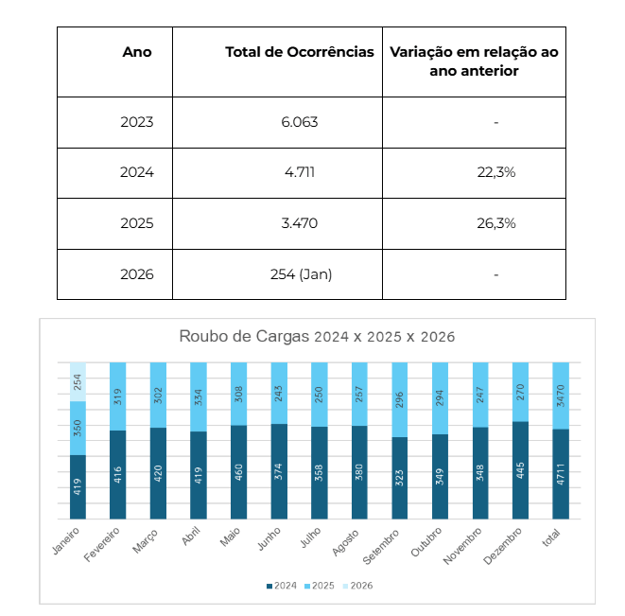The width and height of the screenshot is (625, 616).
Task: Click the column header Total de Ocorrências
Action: click(299, 52)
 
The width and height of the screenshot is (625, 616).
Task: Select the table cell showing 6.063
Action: click(299, 122)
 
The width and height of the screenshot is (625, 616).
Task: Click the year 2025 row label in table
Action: click(137, 223)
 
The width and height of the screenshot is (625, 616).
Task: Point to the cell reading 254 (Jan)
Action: click(301, 274)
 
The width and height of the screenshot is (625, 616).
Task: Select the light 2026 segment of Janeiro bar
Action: click(78, 382)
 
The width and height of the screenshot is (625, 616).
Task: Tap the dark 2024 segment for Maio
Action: click(239, 471)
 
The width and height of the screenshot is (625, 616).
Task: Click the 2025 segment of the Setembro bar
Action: click(400, 399)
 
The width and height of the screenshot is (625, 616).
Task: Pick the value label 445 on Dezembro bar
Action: click(521, 472)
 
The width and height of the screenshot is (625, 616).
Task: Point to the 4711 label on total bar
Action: click(561, 476)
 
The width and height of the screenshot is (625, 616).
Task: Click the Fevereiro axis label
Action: click(100, 546)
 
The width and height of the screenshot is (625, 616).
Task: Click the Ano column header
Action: click(137, 52)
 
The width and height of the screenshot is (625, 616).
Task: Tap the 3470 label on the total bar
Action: click(561, 396)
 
